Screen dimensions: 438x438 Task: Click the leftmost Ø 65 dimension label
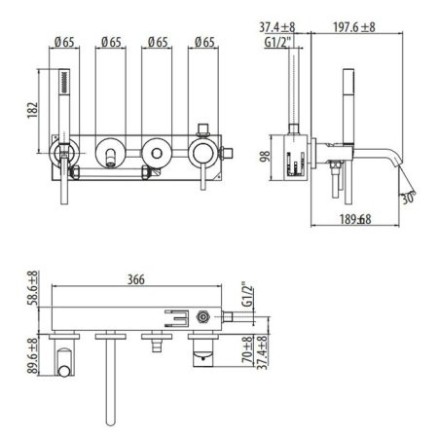pos(65,42)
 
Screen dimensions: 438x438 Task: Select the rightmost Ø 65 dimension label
pos(203,42)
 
